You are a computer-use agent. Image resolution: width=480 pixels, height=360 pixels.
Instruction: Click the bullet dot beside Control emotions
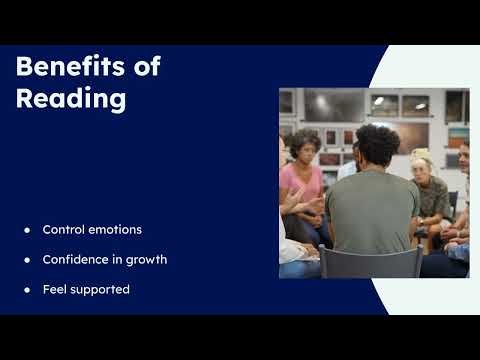pyautogui.click(x=27, y=230)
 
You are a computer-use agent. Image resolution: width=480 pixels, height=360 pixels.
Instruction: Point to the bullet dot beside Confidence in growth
pyautogui.click(x=27, y=260)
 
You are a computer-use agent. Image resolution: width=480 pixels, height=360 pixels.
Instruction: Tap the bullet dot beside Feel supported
pyautogui.click(x=27, y=290)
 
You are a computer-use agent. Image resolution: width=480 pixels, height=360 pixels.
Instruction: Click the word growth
pyautogui.click(x=146, y=260)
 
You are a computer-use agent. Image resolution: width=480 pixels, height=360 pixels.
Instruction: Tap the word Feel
pyautogui.click(x=55, y=290)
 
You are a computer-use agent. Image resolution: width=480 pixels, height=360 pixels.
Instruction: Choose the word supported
pyautogui.click(x=101, y=290)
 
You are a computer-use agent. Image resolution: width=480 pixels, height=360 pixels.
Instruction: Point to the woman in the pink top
pyautogui.click(x=304, y=185)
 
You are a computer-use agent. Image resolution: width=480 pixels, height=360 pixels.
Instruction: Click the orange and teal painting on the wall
pyautogui.click(x=457, y=135)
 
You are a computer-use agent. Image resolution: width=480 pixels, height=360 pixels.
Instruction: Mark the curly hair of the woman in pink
pyautogui.click(x=305, y=143)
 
